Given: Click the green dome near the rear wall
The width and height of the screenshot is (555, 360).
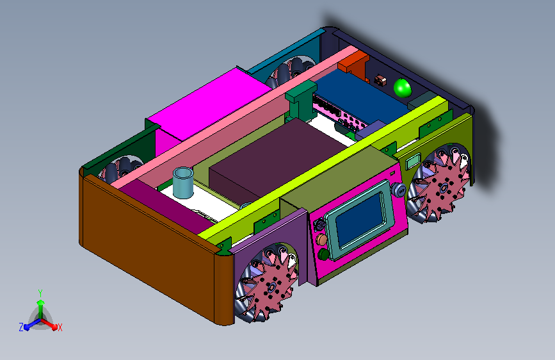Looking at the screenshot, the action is pyautogui.click(x=403, y=88).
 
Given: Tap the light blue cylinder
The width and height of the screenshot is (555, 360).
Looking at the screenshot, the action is pyautogui.click(x=183, y=183).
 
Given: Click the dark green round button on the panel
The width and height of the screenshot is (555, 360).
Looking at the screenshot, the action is pyautogui.click(x=323, y=254).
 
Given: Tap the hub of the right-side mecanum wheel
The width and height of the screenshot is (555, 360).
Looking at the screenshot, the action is pyautogui.click(x=442, y=188).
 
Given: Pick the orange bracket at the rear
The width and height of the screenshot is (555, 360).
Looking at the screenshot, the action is pyautogui.click(x=354, y=65).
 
